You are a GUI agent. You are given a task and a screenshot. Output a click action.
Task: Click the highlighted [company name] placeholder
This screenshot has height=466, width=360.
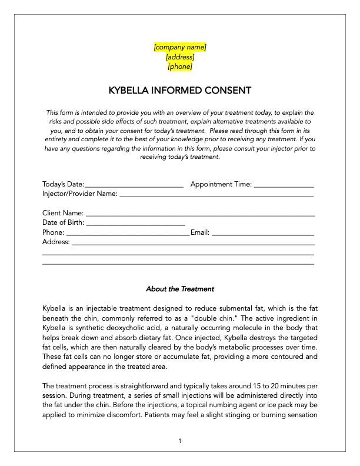(180, 47)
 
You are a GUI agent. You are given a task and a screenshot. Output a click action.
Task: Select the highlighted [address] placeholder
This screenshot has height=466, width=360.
(180, 57)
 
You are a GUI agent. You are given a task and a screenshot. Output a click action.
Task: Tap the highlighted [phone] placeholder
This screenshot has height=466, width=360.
(180, 66)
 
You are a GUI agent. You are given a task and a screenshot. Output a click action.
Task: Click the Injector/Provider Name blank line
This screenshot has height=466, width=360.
(216, 194)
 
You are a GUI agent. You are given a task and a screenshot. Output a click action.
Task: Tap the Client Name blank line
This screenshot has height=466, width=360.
(200, 214)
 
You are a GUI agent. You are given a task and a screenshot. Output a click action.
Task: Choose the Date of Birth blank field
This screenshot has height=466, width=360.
(136, 224)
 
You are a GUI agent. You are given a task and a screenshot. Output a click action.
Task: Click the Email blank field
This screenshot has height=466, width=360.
(262, 233)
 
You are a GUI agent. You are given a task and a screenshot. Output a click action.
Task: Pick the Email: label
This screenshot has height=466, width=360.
(200, 232)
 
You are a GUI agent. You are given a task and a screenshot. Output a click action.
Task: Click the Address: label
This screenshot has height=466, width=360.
(56, 242)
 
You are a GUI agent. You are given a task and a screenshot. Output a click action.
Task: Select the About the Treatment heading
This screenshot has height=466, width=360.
(180, 289)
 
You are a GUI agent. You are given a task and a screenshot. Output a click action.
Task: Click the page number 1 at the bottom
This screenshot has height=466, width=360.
(180, 441)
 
